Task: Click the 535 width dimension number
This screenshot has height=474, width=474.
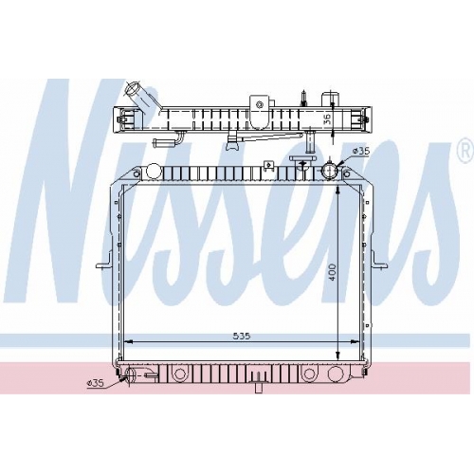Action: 242,336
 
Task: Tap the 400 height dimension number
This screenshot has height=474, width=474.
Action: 333,271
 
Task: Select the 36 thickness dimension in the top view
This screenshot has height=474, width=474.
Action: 327,118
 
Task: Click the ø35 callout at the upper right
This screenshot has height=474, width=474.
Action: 360,152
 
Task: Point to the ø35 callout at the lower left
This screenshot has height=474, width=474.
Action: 95,383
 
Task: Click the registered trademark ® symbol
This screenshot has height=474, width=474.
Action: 465,153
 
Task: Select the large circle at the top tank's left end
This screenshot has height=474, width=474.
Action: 154,171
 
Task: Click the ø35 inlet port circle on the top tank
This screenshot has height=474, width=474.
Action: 329,172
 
